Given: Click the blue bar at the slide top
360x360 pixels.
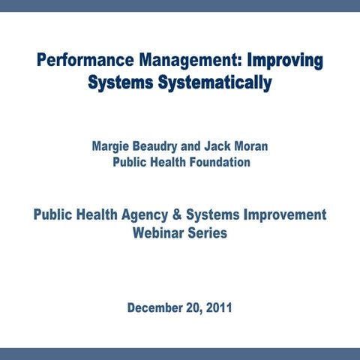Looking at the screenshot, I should click(x=180, y=5).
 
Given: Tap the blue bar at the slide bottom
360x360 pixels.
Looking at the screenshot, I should click(x=180, y=353).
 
